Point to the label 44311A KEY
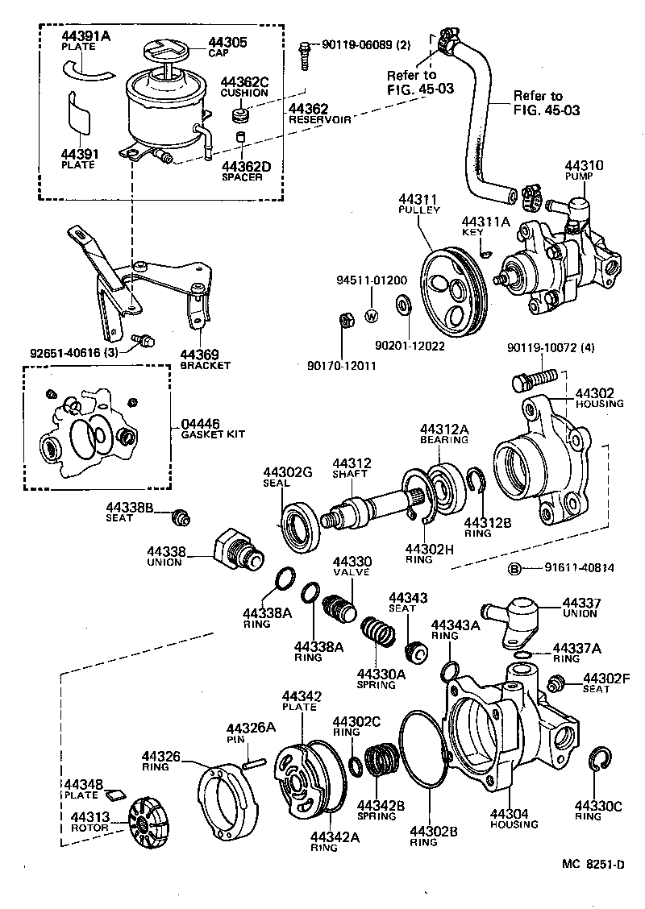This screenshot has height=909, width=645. [481, 226]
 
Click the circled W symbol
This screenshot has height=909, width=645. [372, 316]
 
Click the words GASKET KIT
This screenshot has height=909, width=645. [202, 434]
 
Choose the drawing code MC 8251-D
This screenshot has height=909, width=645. [593, 865]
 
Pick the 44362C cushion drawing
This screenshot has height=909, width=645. [239, 116]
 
